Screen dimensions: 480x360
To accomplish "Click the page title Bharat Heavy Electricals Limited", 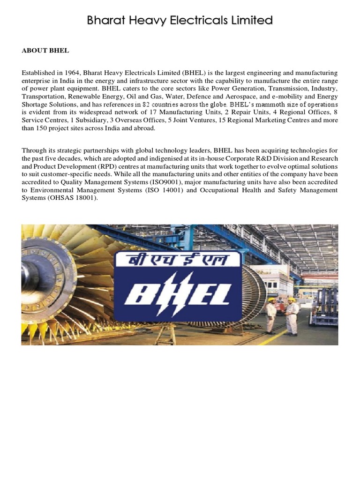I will point(180,21).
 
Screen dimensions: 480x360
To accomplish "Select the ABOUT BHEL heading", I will point(45,51).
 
